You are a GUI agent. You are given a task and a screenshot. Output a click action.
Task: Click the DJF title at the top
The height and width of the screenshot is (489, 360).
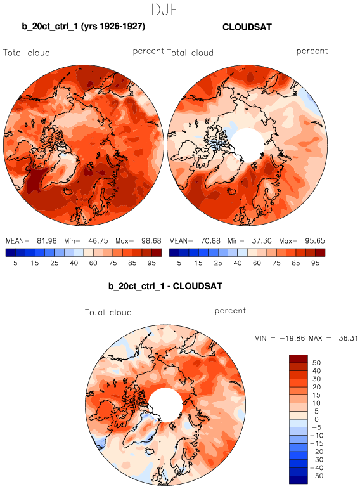tap(165, 10)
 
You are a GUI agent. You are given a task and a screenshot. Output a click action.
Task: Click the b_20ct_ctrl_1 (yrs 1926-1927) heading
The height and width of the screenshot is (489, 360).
tap(84, 27)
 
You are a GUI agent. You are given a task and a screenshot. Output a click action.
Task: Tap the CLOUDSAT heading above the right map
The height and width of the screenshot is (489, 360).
tap(247, 27)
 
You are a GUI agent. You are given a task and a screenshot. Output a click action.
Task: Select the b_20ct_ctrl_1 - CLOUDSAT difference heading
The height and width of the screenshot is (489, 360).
tap(165, 286)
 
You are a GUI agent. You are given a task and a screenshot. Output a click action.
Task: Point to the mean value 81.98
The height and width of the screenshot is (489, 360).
tap(47, 241)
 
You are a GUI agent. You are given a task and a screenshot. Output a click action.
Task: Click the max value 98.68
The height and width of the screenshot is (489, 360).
tap(151, 241)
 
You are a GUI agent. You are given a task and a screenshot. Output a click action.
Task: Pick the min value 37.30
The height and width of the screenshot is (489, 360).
tap(262, 241)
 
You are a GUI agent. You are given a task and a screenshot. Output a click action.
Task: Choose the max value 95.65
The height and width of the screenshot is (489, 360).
tap(315, 241)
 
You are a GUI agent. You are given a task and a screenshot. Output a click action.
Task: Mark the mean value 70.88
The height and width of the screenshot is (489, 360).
tap(210, 241)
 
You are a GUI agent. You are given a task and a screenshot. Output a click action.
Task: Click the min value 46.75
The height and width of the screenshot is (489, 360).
tap(98, 241)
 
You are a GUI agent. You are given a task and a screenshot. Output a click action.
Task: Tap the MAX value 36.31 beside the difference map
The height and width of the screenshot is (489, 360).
tap(348, 338)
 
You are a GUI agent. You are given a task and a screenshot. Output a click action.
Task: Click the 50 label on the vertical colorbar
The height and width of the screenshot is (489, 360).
tap(317, 363)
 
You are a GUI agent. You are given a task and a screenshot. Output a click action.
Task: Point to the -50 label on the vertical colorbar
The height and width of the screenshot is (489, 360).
tap(317, 476)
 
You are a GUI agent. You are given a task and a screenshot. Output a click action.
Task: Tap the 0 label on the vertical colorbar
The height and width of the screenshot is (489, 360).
tap(317, 419)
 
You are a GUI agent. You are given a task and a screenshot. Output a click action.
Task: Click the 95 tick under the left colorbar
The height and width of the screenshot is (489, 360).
tap(151, 263)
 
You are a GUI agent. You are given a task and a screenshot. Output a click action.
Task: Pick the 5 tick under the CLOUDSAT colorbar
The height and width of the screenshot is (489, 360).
tap(179, 263)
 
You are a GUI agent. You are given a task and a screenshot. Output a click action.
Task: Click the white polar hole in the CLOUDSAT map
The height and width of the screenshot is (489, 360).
tap(248, 145)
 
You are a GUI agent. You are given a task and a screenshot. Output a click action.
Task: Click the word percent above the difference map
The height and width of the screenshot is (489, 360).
tap(230, 311)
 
